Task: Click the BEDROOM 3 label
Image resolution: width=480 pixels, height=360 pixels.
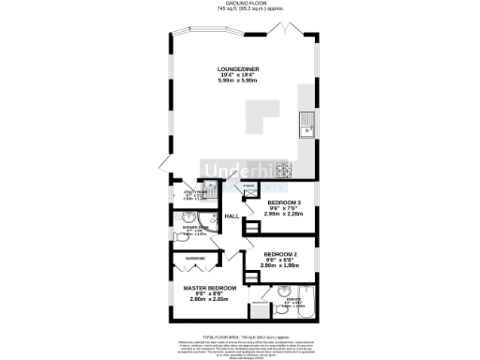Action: [x=283, y=203]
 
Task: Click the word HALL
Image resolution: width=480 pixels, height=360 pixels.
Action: [x=233, y=217]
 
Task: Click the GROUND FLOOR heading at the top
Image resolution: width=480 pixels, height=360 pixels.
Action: [x=239, y=4]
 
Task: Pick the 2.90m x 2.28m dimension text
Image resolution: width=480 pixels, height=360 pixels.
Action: [x=283, y=215]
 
